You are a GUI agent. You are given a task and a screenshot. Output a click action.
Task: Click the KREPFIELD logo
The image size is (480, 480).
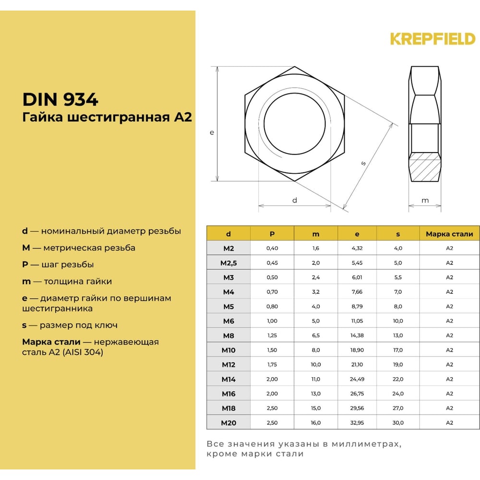pos(432,39)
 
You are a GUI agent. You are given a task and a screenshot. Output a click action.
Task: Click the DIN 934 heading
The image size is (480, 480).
pos(60,99)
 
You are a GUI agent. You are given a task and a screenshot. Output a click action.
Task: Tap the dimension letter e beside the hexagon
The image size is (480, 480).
pos(212,132)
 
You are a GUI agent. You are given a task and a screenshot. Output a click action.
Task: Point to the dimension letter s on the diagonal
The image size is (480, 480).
pos(363,163)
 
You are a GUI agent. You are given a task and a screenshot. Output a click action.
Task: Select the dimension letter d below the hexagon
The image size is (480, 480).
pos(295,200)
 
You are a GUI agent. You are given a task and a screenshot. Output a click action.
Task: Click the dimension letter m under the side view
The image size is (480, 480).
pos(425,200)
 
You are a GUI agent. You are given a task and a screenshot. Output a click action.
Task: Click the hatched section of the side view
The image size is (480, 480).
pos(425,167)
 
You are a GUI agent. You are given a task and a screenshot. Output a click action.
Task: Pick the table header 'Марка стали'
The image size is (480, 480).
pos(449,234)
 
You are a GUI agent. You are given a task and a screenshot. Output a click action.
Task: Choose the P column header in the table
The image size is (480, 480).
pos(272,234)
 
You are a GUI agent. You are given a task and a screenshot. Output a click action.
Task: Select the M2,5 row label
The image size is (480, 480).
pos(228,263)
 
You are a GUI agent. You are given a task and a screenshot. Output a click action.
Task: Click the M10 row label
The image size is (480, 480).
pos(228,350)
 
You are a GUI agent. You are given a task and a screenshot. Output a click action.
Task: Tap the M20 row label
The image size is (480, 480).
pos(228,423)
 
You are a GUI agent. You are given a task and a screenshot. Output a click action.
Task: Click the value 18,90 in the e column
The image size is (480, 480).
pos(357,350)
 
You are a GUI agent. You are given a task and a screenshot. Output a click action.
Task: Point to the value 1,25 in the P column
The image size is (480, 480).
pos(272,336)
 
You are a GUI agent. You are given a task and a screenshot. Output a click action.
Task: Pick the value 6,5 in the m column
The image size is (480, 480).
pos(316,336)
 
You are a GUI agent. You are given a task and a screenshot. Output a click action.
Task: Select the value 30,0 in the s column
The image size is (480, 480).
pos(398,423)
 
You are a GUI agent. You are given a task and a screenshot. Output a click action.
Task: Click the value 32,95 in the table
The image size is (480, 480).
pos(357,423)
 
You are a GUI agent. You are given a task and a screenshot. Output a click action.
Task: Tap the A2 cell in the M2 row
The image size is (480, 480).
pos(449,249)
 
